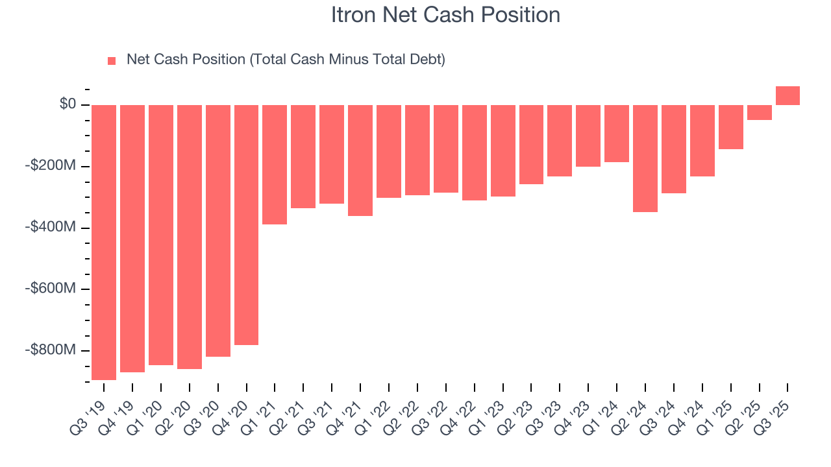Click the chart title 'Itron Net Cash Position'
pos(445,15)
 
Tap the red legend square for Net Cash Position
pos(112,61)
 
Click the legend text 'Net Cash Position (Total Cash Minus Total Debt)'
pos(286,60)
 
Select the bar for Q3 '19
pos(104,242)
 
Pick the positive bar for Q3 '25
pos(788,96)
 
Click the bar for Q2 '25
pos(759,112)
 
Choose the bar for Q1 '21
pos(275,165)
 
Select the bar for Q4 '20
pos(246,224)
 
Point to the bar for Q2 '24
pos(645,158)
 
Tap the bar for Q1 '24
pos(617,134)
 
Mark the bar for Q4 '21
pos(360,160)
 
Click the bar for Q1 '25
pos(730,127)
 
